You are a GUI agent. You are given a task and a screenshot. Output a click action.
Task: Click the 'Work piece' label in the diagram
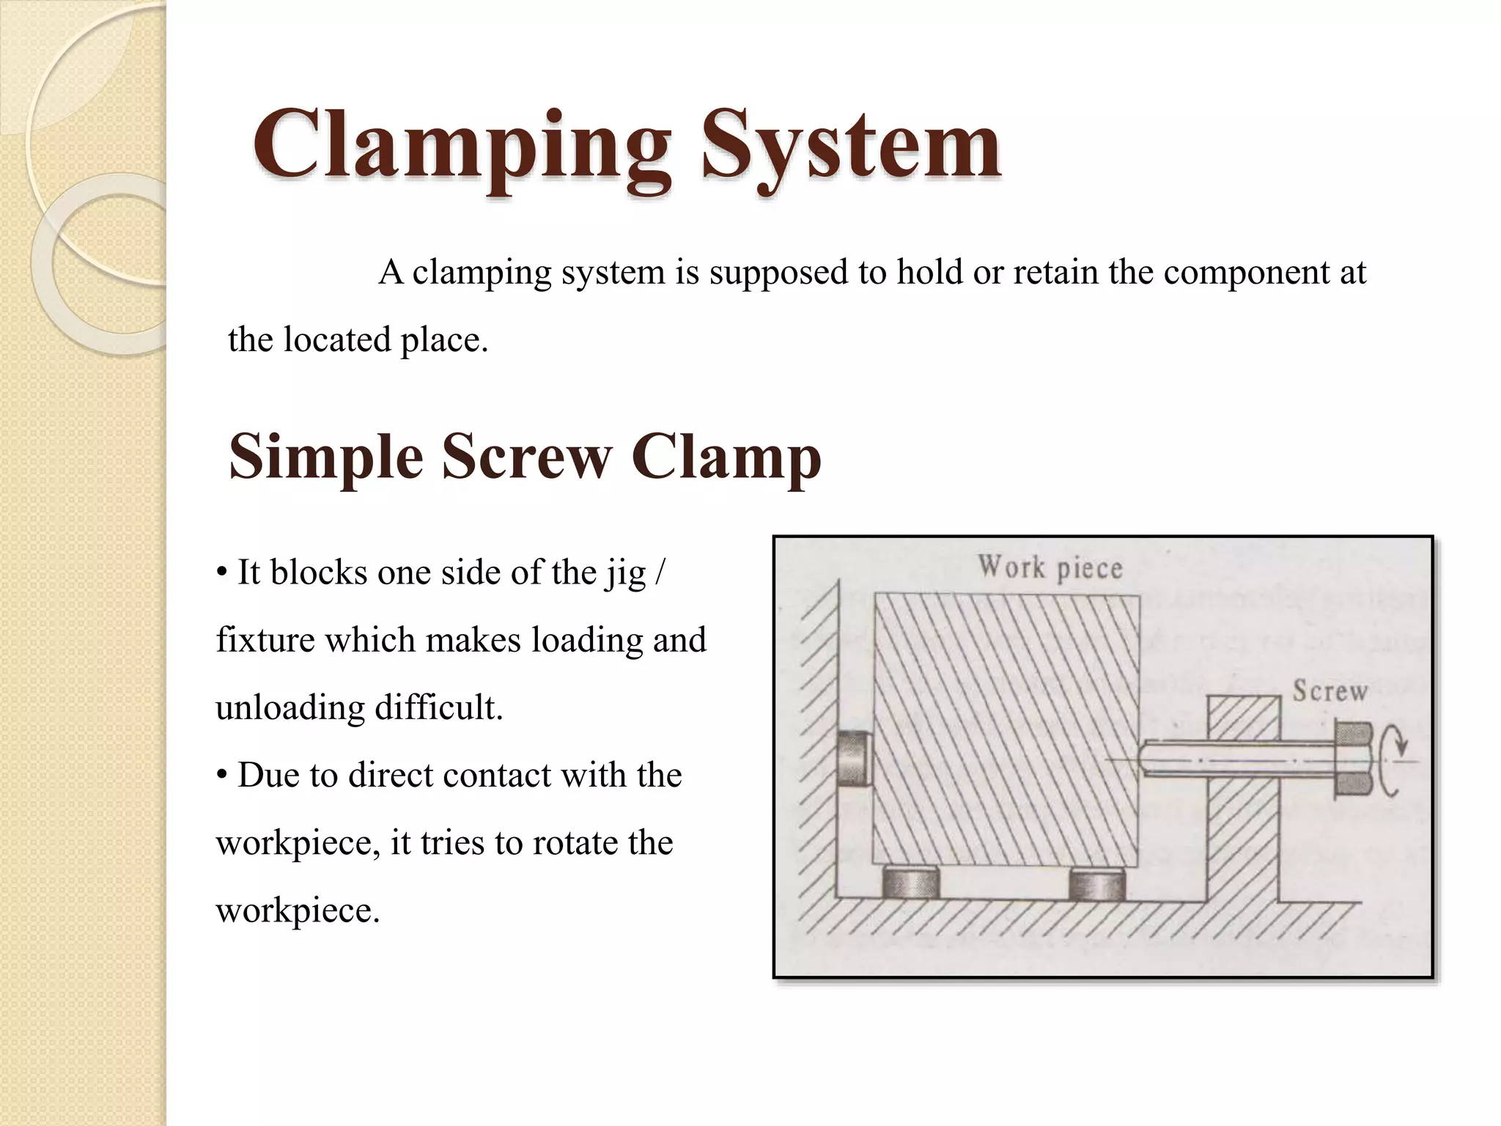click(x=1050, y=568)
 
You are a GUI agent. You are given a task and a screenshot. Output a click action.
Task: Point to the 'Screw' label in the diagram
click(x=1329, y=691)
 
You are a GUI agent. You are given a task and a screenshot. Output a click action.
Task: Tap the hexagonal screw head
click(x=1352, y=759)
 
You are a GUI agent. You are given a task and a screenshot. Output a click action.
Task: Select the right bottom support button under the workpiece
click(x=1096, y=883)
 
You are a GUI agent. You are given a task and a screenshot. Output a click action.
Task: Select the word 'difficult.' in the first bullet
click(x=439, y=708)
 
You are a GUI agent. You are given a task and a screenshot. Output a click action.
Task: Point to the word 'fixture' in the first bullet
click(x=265, y=641)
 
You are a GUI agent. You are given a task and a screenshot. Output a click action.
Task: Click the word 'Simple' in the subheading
click(x=326, y=458)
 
